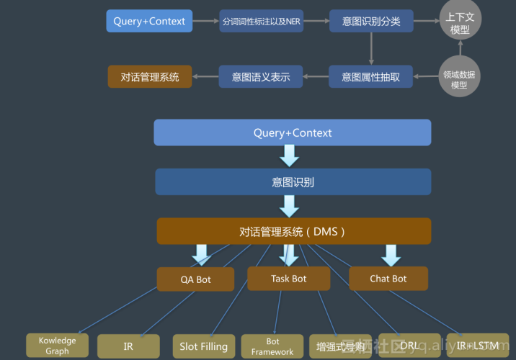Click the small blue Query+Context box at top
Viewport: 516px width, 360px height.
pyautogui.click(x=149, y=21)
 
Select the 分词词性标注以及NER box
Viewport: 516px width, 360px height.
pyautogui.click(x=261, y=21)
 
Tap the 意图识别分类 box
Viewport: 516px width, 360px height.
pyautogui.click(x=371, y=21)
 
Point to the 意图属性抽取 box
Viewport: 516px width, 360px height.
pyautogui.click(x=371, y=76)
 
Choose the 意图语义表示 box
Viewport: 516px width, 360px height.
pyautogui.click(x=261, y=76)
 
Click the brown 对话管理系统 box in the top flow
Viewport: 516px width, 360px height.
pyautogui.click(x=150, y=76)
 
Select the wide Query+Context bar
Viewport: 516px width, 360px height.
pyautogui.click(x=293, y=133)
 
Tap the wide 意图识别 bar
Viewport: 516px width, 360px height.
pyautogui.click(x=293, y=182)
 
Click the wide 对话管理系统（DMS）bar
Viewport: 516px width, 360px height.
pyautogui.click(x=293, y=232)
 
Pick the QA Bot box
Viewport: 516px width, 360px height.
pyautogui.click(x=196, y=279)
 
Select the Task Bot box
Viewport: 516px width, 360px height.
pyautogui.click(x=289, y=279)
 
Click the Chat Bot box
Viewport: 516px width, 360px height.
pyautogui.click(x=388, y=279)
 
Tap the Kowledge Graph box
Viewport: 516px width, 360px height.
pyautogui.click(x=58, y=346)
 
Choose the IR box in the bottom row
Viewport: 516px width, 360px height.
pyautogui.click(x=128, y=346)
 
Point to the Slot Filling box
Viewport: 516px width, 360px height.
pyautogui.click(x=204, y=346)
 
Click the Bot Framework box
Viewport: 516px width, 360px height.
pyautogui.click(x=272, y=346)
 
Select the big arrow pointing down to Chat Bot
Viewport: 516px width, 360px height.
pyautogui.click(x=391, y=255)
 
